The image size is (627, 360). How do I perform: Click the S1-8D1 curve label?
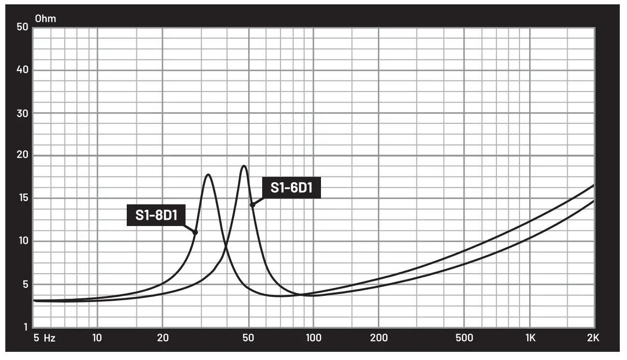pos(156,215)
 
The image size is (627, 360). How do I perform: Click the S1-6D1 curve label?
pos(291,187)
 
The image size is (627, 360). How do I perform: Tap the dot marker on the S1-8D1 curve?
pos(195,232)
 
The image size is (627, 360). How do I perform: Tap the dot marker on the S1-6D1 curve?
pos(252,205)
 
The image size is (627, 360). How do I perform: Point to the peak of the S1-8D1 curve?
pos(208,174)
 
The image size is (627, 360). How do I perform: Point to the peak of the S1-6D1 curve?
pos(244,166)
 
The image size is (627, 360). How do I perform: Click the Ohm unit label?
pos(45,19)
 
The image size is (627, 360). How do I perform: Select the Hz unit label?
pos(50,338)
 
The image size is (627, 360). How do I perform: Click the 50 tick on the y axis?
pos(22,27)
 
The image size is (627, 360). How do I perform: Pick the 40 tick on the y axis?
pos(22,70)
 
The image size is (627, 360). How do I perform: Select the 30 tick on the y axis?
pos(22,113)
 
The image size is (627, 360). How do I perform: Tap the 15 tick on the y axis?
pos(22,198)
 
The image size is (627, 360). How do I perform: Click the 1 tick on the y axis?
pos(25,327)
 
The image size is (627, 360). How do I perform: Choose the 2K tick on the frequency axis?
pos(593,338)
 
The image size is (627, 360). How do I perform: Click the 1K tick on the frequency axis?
pos(530,338)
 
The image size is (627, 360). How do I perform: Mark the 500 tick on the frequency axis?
pos(464,338)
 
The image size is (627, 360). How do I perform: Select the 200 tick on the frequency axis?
pos(378,338)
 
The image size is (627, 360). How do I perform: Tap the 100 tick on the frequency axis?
pos(314,338)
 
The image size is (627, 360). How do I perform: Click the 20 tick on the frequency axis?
pos(162,338)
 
